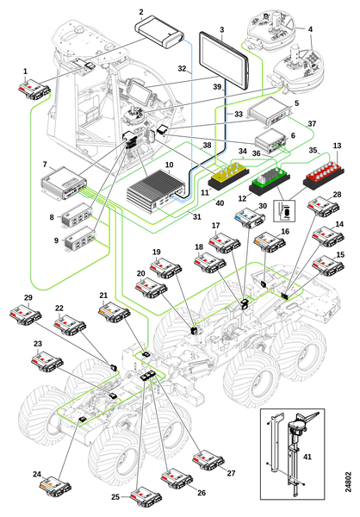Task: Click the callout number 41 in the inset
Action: tap(307, 457)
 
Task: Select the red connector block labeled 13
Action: tap(324, 174)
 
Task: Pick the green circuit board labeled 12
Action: tap(270, 179)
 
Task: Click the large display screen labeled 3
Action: tap(224, 59)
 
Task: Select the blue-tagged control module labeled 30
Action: tap(251, 218)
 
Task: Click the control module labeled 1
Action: tap(34, 88)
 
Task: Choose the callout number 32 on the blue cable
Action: tap(182, 69)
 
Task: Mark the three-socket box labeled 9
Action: tap(80, 239)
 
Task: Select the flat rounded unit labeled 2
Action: tap(159, 31)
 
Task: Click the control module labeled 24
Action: tap(55, 486)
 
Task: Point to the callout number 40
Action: tap(220, 202)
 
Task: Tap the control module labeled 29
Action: tap(26, 316)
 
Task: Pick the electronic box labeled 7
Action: tap(64, 183)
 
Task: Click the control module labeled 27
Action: tap(208, 459)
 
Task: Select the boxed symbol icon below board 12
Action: tap(284, 210)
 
